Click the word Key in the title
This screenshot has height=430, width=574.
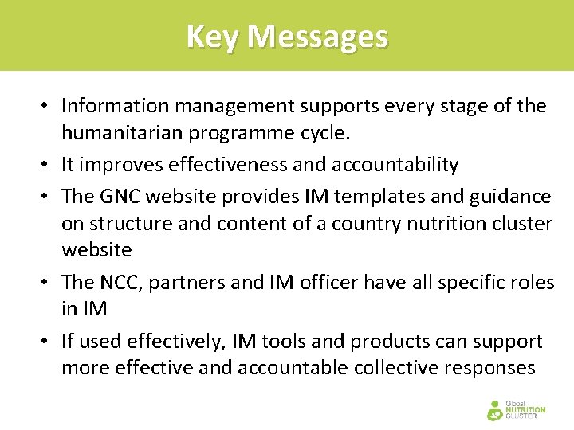pos(213,37)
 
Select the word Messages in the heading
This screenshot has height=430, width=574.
pos(318,37)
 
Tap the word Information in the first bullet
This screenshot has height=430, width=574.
pos(112,106)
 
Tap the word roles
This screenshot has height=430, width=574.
pos(531,283)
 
